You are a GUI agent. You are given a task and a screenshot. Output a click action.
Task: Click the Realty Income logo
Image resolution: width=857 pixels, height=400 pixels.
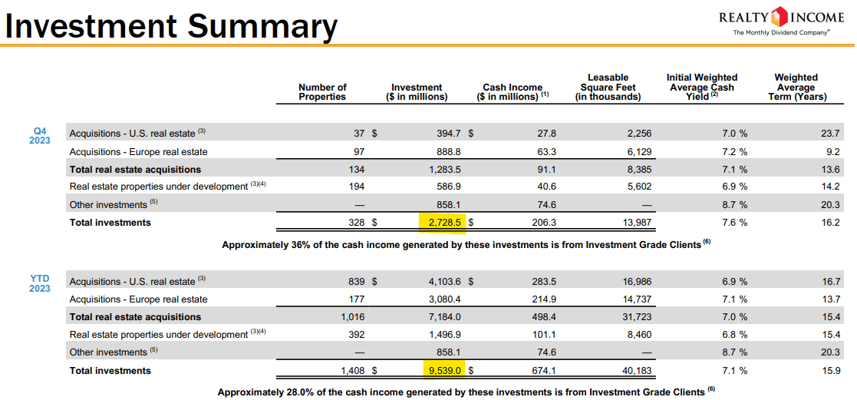pos(781,21)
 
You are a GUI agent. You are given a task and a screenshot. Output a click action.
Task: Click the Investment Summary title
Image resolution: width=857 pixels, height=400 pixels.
pos(171,26)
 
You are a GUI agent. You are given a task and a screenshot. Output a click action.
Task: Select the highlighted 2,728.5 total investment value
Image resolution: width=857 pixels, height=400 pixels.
pos(443,223)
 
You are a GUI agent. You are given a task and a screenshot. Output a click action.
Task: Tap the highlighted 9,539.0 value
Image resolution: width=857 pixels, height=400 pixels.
pos(443,371)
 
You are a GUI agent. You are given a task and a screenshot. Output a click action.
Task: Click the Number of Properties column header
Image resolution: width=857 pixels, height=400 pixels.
pos(322,91)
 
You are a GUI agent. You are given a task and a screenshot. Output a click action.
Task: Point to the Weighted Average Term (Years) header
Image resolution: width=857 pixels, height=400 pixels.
pos(796,87)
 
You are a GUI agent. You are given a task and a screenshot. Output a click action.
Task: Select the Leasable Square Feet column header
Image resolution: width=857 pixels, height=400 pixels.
pos(608,87)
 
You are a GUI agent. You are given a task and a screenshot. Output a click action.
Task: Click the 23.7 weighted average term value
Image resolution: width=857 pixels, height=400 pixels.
pos(830,134)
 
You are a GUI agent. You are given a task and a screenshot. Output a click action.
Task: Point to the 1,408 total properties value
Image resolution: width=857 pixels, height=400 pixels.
pos(353,371)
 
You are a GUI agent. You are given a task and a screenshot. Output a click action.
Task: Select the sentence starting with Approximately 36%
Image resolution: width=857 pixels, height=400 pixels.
pos(463,244)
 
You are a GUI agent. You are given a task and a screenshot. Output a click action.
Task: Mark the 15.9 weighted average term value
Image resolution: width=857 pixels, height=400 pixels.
pos(830,371)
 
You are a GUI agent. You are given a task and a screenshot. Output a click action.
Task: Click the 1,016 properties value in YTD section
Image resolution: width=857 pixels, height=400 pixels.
pos(353,317)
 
